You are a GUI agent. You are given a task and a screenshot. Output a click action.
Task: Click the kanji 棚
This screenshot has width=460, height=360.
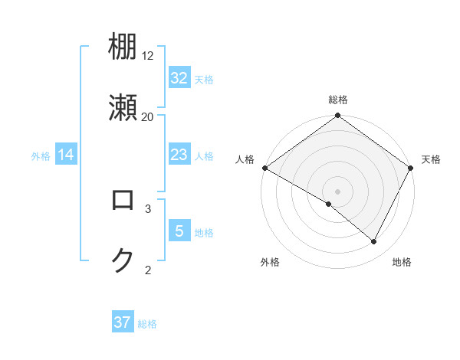tap(123, 47)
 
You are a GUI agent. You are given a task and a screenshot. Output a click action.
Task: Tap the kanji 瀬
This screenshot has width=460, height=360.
tap(123, 108)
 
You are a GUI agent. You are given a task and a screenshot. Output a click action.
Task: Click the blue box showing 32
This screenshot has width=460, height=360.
tap(179, 78)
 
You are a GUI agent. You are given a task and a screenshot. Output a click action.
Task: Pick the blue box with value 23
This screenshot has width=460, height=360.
tap(179, 155)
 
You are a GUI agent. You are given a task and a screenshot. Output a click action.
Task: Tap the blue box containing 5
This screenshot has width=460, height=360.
tap(179, 231)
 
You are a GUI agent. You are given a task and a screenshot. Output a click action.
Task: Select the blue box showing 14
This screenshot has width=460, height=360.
tap(66, 155)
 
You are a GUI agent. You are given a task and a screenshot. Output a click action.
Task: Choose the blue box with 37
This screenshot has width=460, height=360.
tap(123, 322)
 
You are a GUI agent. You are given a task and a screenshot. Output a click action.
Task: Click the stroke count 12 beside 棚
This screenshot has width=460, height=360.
tap(148, 56)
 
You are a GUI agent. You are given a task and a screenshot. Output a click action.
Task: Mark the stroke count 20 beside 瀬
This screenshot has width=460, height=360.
tap(148, 116)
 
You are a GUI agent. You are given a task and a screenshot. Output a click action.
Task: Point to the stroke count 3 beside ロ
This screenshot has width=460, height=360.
tap(148, 208)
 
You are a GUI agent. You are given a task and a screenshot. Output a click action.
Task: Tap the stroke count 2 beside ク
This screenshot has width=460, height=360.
tap(148, 270)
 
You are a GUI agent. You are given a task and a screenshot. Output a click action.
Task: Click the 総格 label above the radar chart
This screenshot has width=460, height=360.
tap(338, 100)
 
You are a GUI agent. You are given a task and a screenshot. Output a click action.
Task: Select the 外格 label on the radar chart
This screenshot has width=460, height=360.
tap(270, 262)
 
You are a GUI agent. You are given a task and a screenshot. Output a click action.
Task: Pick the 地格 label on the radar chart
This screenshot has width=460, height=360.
tap(402, 262)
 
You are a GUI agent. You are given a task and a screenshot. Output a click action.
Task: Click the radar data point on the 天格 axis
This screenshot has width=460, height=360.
tap(412, 168)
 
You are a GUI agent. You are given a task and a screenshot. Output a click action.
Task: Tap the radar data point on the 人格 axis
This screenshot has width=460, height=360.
tap(264, 168)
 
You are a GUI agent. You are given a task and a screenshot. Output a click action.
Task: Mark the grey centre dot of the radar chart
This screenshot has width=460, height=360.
tap(338, 191)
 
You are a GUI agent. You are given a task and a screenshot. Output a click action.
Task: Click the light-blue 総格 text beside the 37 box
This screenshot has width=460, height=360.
tap(147, 324)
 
